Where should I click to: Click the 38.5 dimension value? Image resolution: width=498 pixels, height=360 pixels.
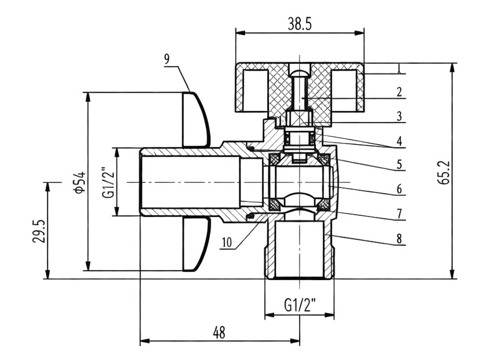pyautogui.click(x=300, y=24)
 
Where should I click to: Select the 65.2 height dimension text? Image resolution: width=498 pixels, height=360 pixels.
pyautogui.click(x=444, y=172)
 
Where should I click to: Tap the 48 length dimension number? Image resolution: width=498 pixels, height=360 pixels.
pyautogui.click(x=219, y=333)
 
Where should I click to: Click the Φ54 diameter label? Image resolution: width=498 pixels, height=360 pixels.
pyautogui.click(x=79, y=182)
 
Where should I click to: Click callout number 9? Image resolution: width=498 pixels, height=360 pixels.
pyautogui.click(x=167, y=59)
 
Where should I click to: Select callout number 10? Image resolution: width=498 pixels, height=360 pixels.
pyautogui.click(x=227, y=243)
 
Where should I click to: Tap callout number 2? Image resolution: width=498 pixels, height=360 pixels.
pyautogui.click(x=399, y=92)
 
